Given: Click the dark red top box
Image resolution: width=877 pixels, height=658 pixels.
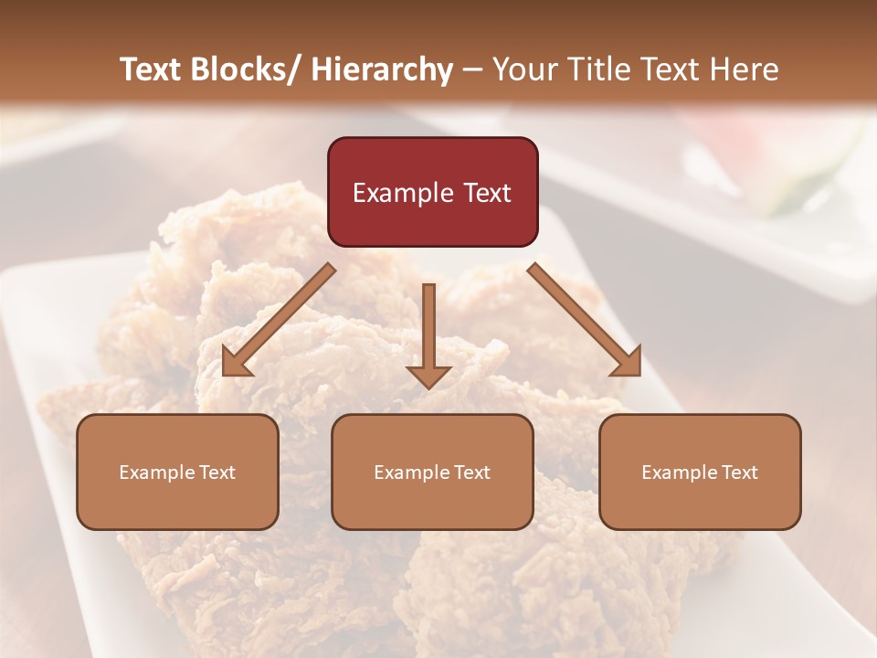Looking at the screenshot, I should (432, 192).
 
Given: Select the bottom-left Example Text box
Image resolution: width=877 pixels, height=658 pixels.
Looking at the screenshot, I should (177, 472).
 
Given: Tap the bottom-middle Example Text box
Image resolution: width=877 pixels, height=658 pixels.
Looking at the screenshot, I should (432, 472).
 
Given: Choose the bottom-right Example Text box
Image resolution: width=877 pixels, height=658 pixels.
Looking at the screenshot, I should (700, 472).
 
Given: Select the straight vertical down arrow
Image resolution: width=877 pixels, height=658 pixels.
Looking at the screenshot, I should (428, 334).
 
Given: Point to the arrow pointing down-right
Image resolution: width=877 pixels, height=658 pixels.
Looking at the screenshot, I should (585, 320).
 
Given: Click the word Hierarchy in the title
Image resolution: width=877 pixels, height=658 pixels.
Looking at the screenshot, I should (382, 69).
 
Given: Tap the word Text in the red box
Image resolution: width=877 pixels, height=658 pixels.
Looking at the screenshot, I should (487, 193).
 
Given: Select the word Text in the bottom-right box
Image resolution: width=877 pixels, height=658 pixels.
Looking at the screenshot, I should (738, 472).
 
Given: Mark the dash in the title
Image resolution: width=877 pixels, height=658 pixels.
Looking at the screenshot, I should (472, 70).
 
